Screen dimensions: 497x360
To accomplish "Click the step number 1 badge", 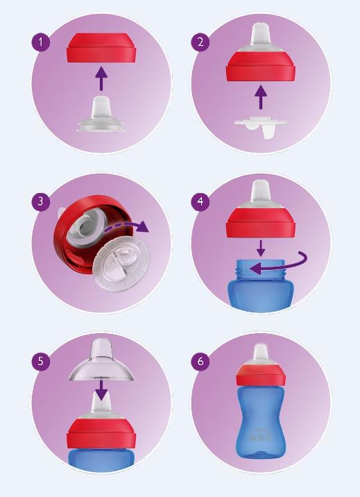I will tap(41, 42).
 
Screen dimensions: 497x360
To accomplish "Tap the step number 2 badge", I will tap(200, 42).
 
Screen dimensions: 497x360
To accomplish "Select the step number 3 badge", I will tap(41, 202).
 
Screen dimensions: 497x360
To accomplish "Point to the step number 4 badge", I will tap(200, 202).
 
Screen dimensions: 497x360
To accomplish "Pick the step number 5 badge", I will tap(41, 362).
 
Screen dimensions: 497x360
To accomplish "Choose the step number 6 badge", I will tap(200, 362).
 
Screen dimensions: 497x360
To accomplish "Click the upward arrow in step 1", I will tap(101, 78).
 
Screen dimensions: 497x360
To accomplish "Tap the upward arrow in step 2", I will tap(261, 96).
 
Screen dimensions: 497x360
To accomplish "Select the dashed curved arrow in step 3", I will tap(125, 226).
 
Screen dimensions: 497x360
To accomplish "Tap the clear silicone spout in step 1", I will tap(101, 115).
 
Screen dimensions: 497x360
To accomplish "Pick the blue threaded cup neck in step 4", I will tap(261, 271).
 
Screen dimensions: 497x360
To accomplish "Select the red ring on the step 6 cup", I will tap(260, 377).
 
